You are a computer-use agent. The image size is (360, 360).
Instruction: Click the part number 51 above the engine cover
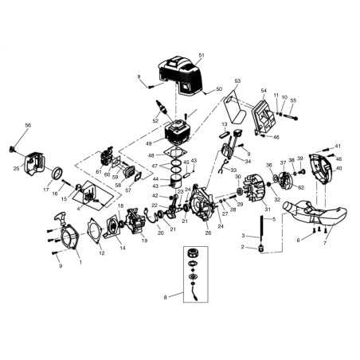202,55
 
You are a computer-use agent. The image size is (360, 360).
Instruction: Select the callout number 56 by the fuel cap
28,125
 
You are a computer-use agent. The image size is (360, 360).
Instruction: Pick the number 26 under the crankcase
208,233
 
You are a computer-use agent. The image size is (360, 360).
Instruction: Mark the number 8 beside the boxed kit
166,297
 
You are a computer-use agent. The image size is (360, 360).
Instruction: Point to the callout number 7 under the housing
324,242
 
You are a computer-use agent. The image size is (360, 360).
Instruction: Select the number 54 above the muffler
264,92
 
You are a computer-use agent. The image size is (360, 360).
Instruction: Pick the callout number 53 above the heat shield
237,81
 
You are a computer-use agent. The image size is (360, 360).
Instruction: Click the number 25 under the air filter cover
17,169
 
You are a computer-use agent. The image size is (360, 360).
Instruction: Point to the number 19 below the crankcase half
144,240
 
